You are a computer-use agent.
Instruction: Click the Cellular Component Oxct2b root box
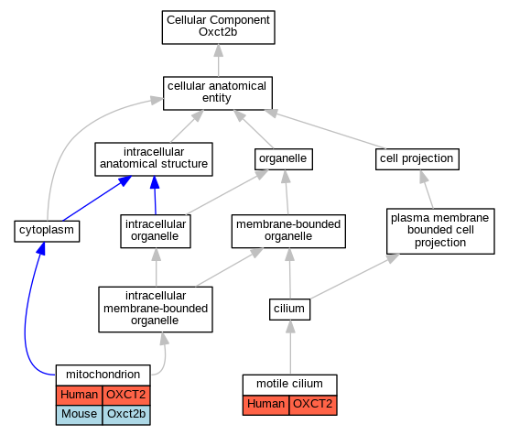(219, 27)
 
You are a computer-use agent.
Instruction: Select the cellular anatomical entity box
(218, 93)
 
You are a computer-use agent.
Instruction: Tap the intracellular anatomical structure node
(154, 159)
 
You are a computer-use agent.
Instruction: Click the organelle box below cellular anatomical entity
(284, 159)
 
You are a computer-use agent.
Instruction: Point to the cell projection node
(417, 159)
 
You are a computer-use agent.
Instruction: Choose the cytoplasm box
(47, 231)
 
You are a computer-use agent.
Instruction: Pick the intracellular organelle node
(156, 231)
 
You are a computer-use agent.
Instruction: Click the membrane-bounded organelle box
(288, 231)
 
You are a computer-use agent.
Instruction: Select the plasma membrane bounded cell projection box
(440, 231)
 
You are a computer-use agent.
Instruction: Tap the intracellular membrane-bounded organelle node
(156, 310)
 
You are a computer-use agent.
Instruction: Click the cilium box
(290, 310)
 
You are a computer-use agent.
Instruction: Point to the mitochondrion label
(103, 375)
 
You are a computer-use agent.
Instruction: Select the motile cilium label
(290, 385)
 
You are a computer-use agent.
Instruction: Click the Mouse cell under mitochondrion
(80, 415)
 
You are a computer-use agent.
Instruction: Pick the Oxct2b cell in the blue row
(126, 415)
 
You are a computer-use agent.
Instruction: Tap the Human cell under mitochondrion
(80, 395)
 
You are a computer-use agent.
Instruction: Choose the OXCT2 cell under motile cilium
(313, 405)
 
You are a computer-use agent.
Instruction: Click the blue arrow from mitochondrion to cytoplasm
(27, 311)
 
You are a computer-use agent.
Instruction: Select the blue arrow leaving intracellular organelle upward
(155, 195)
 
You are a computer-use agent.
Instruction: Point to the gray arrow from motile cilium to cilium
(290, 347)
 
